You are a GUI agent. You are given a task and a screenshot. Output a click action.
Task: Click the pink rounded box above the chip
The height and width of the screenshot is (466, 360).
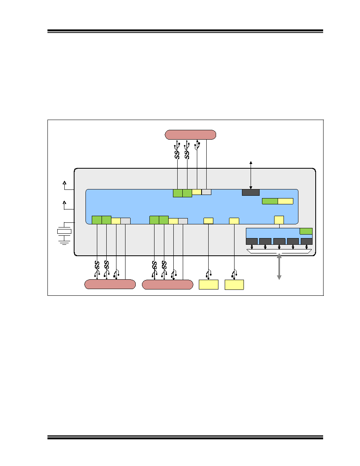191,135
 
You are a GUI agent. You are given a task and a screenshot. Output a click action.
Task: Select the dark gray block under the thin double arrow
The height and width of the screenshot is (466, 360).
251,192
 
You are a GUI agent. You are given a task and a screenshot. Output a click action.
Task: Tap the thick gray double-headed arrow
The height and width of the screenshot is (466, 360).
279,266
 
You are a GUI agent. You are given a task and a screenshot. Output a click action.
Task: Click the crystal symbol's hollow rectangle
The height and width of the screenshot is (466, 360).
64,231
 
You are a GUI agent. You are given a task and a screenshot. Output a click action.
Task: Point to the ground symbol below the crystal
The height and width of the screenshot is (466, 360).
64,242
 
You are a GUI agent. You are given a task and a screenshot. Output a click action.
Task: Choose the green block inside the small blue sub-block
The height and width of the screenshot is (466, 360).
306,231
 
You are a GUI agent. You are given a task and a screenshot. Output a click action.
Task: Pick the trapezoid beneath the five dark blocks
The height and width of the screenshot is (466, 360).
279,251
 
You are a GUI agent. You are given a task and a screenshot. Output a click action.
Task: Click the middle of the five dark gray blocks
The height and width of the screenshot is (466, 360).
279,241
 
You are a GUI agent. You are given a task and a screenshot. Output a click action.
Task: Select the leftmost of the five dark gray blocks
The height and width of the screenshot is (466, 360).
252,241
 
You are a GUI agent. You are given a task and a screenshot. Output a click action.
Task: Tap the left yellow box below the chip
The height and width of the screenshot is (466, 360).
209,284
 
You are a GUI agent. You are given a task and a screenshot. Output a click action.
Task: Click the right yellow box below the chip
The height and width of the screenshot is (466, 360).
235,284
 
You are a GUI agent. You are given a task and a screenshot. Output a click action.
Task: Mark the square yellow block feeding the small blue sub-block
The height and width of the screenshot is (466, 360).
279,220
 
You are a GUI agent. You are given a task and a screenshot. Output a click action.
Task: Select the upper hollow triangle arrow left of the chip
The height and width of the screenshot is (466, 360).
64,182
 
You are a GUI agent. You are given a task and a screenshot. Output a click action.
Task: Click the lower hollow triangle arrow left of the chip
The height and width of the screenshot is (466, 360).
64,203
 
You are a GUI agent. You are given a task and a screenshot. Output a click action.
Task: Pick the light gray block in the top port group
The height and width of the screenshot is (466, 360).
206,192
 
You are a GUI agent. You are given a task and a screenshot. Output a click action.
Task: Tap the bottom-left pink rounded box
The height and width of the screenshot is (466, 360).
110,284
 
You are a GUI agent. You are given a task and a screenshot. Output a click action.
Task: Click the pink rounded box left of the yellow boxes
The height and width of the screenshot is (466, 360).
167,284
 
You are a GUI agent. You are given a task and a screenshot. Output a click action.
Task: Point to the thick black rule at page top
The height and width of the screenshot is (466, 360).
185,31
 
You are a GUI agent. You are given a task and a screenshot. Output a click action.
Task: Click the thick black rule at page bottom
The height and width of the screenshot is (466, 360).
185,437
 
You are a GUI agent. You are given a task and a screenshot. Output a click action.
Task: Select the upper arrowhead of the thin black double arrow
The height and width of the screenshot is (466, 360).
251,162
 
